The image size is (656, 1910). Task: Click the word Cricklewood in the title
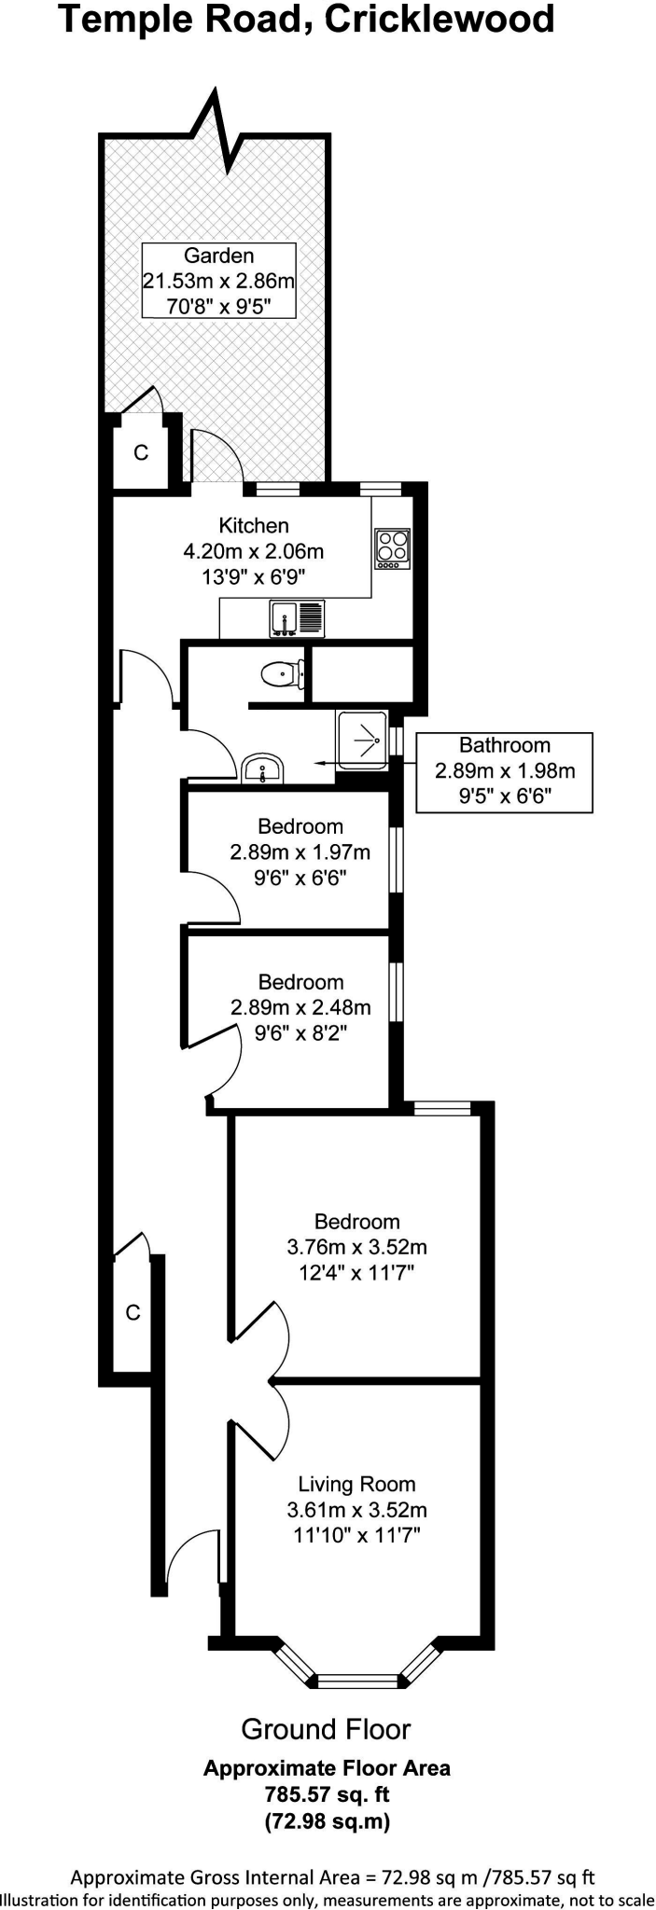coord(440,20)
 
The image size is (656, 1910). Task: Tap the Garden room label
coord(218,256)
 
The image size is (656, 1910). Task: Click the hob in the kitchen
coord(393,548)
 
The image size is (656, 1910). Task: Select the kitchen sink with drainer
coord(297,617)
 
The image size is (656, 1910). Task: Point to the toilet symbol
coord(282,672)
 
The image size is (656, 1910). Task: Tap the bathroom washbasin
coord(262,770)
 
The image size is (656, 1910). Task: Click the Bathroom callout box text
coord(504,770)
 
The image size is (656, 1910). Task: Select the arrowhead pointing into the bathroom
coord(319,762)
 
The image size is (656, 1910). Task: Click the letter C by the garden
coord(141,453)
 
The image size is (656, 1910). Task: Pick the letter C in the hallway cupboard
coord(133,1312)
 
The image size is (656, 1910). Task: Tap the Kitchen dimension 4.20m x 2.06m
coord(253,551)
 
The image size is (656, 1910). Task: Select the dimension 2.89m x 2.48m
coord(300,1007)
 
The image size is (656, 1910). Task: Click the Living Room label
coord(356,1484)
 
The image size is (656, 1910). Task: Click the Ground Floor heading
coord(326,1730)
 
